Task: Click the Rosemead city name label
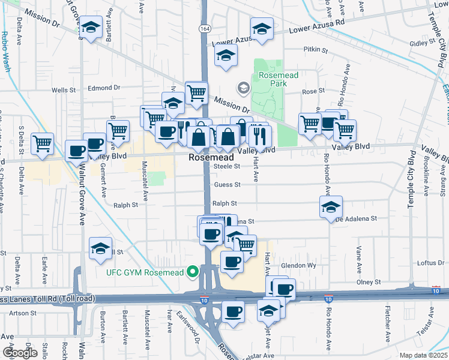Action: click(211, 157)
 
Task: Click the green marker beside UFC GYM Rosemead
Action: click(193, 272)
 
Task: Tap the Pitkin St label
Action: click(316, 50)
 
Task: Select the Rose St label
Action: click(313, 91)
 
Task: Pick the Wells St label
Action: click(62, 90)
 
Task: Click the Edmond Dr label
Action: click(104, 88)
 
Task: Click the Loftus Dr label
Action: click(430, 263)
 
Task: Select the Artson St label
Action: click(23, 313)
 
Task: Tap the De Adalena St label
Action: click(356, 219)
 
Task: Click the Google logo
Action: click(19, 353)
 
